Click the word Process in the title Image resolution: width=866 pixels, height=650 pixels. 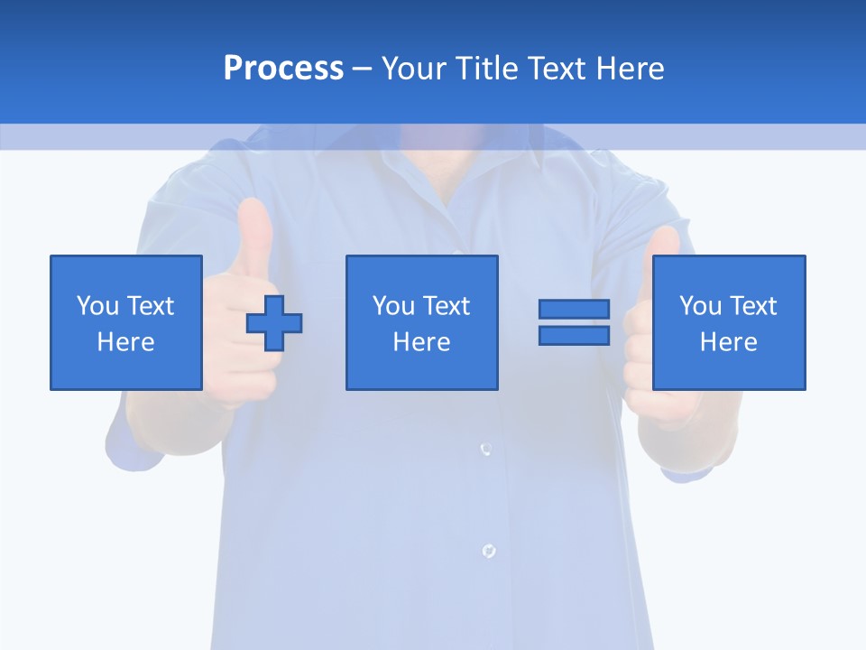click(x=283, y=69)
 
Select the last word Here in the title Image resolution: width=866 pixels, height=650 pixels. click(x=631, y=69)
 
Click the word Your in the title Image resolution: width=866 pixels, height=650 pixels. click(x=414, y=69)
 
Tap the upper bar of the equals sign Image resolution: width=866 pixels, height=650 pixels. click(x=574, y=309)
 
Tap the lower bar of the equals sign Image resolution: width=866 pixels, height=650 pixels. click(x=574, y=335)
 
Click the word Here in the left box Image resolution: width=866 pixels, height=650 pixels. click(x=125, y=342)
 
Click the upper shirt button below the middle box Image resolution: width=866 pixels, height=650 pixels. click(x=485, y=448)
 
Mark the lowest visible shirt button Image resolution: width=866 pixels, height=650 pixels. click(x=488, y=550)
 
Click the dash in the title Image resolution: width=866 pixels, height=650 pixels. click(x=362, y=69)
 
